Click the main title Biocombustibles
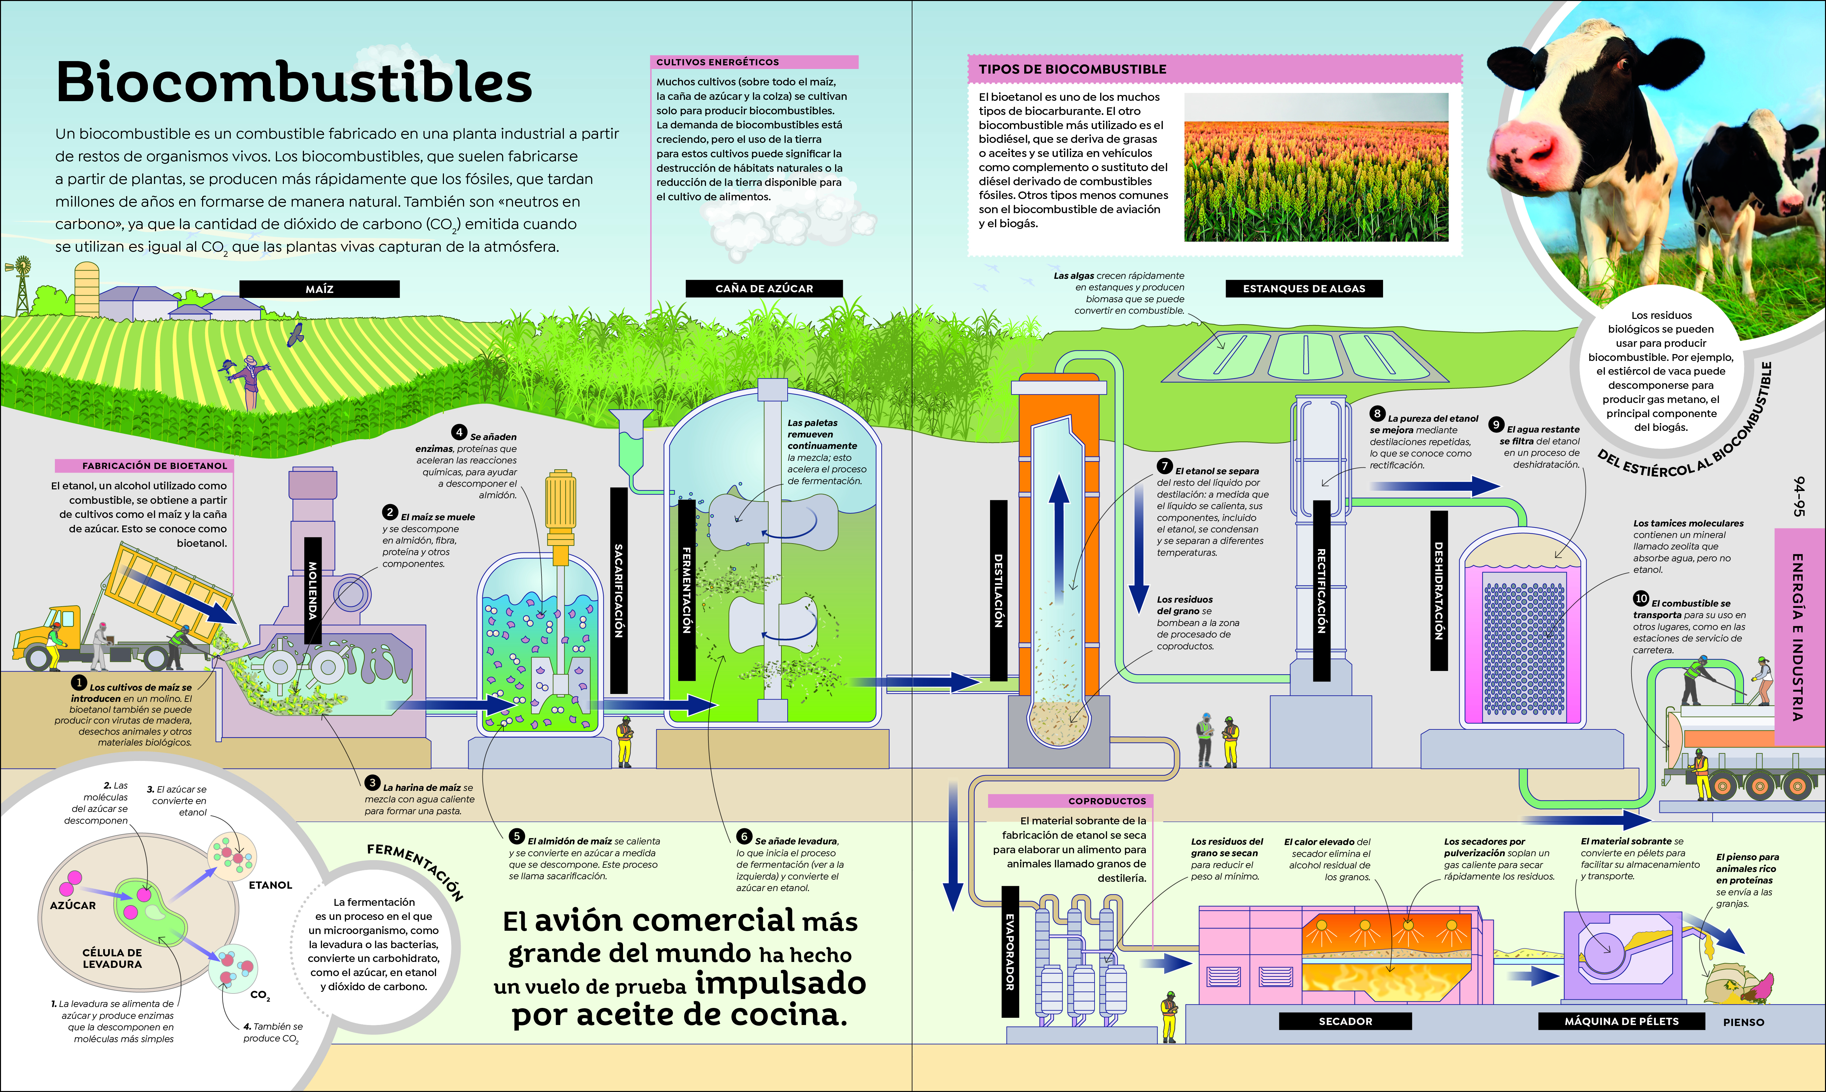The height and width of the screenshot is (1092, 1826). click(293, 82)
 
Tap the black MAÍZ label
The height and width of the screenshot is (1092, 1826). click(319, 289)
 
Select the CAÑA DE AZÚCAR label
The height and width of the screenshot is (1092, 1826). click(764, 288)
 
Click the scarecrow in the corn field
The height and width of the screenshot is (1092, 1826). click(250, 379)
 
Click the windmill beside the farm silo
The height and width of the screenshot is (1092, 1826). click(22, 283)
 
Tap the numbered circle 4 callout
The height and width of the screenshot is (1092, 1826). click(459, 432)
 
